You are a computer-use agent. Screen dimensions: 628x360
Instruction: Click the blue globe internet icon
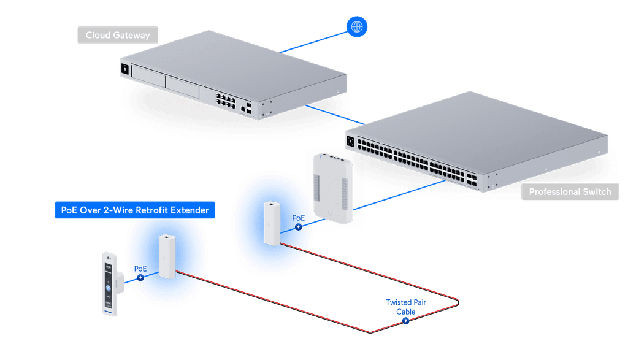(356, 26)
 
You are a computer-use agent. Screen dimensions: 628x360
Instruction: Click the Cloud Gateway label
(118, 35)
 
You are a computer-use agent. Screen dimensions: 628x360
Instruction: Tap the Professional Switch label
(570, 192)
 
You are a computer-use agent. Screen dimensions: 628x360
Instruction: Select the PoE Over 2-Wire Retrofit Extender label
(135, 210)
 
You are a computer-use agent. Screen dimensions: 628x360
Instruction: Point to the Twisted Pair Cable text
(406, 307)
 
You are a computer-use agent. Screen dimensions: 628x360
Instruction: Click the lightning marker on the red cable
(406, 321)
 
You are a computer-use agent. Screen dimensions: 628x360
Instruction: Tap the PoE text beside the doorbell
(140, 269)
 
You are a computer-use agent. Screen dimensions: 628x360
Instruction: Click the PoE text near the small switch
(299, 218)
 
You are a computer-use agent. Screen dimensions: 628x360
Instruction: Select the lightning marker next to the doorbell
(140, 277)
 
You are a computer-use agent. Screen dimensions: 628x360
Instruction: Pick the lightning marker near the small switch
(299, 227)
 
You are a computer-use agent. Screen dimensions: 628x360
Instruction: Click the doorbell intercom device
(110, 284)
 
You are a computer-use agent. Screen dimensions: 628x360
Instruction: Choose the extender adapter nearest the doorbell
(167, 257)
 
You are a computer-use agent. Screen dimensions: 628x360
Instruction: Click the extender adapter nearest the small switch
(272, 223)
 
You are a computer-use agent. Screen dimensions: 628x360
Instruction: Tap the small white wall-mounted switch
(333, 188)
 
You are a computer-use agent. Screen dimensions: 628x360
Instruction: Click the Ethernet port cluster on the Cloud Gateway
(226, 101)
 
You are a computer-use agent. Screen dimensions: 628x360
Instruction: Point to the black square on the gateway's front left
(125, 69)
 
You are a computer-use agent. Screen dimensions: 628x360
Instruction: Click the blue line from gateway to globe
(313, 42)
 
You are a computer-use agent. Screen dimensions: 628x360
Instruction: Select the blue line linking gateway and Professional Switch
(335, 115)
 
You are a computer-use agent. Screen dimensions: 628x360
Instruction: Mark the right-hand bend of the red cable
(458, 303)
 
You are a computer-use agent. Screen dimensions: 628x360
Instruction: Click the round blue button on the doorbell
(108, 288)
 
